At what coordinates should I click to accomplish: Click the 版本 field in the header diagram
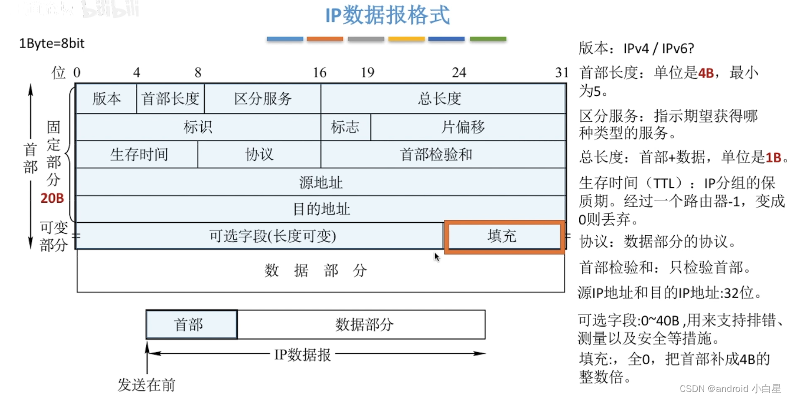106,99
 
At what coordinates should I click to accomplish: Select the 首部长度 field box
170,99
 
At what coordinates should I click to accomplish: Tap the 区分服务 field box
263,99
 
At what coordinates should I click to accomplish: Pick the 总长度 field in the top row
440,99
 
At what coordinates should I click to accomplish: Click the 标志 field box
345,127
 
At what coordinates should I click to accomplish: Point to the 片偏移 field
463,127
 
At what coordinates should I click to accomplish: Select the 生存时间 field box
138,155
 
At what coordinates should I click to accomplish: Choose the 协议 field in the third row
259,155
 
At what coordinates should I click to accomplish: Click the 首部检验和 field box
436,155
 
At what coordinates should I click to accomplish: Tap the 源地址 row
321,182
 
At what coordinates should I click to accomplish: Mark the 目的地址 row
321,209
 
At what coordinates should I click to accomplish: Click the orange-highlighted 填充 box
503,236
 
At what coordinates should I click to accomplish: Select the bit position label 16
320,73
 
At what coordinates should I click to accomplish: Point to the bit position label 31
562,73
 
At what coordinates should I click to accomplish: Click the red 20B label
52,198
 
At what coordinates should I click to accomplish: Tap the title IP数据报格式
388,15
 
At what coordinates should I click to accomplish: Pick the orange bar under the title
325,39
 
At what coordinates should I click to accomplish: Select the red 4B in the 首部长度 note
706,73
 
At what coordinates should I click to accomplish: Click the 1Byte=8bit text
52,43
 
